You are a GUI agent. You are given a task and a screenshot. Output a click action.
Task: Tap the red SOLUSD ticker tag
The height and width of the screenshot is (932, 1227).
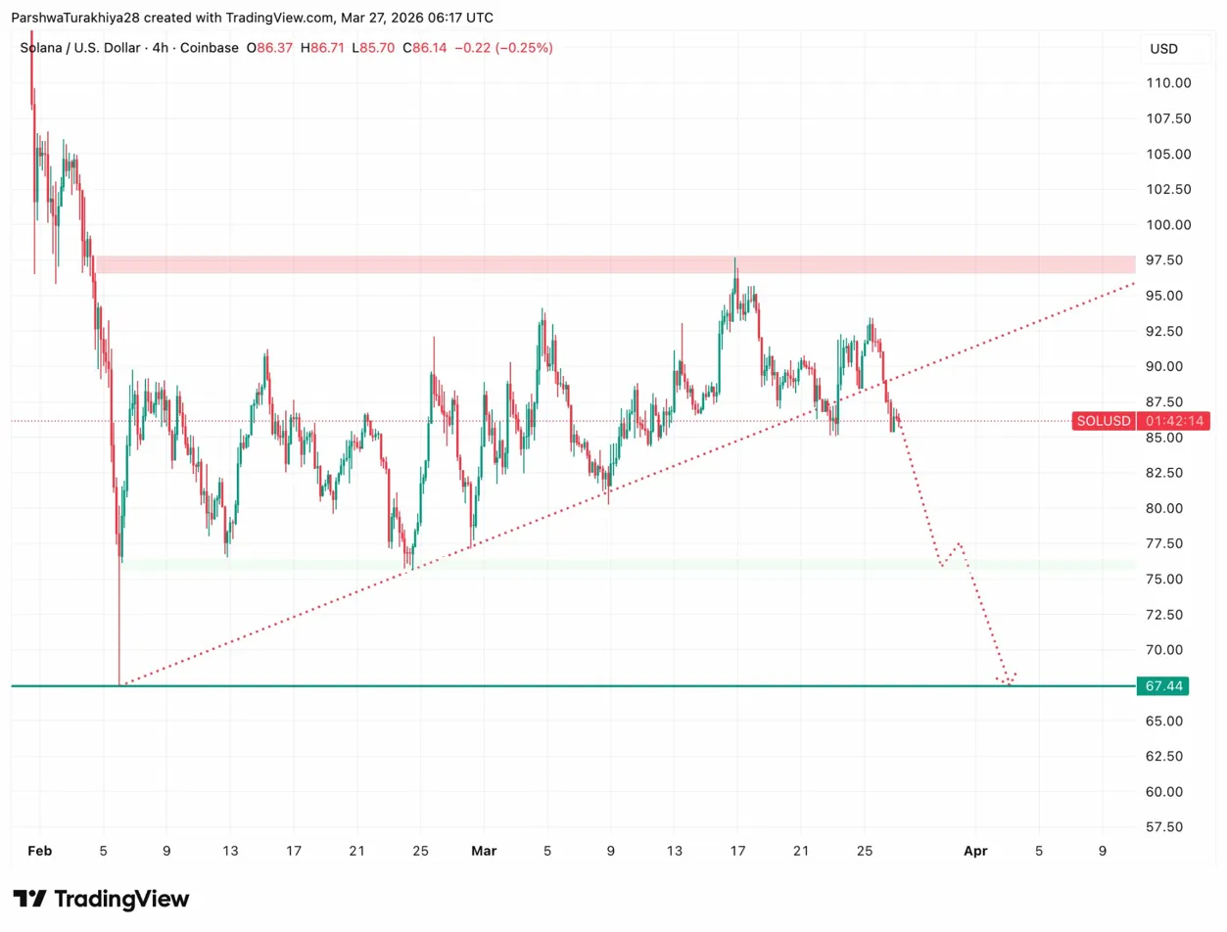1104,421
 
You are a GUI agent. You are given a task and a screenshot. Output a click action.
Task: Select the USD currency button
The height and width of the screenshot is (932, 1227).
1163,49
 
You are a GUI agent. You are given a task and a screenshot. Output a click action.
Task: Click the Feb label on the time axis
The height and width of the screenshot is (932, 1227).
40,852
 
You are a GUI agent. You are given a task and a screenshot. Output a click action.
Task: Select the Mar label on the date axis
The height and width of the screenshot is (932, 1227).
484,852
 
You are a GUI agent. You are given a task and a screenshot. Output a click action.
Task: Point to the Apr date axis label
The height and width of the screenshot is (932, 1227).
974,852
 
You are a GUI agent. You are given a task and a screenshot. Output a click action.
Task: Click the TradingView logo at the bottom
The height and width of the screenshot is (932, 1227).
101,899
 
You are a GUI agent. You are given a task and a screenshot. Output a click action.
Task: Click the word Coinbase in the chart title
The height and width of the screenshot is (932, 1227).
208,47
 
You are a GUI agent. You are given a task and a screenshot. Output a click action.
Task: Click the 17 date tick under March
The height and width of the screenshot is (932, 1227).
737,852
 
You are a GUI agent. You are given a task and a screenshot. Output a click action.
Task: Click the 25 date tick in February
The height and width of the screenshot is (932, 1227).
420,852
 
